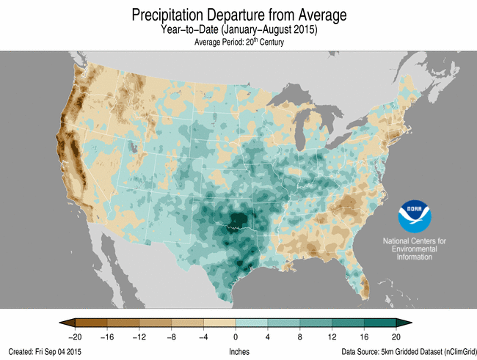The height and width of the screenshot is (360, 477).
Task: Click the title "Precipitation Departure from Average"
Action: tap(238, 14)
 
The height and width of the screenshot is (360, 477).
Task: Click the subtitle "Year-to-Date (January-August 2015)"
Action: tap(238, 30)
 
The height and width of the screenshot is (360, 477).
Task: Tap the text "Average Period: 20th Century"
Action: tap(238, 43)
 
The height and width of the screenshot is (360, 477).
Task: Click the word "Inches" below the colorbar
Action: tap(238, 352)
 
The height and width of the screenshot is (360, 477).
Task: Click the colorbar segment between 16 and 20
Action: tap(380, 323)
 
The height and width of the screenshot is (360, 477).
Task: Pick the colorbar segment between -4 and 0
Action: tap(219, 323)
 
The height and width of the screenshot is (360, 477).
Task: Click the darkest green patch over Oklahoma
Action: tap(236, 218)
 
